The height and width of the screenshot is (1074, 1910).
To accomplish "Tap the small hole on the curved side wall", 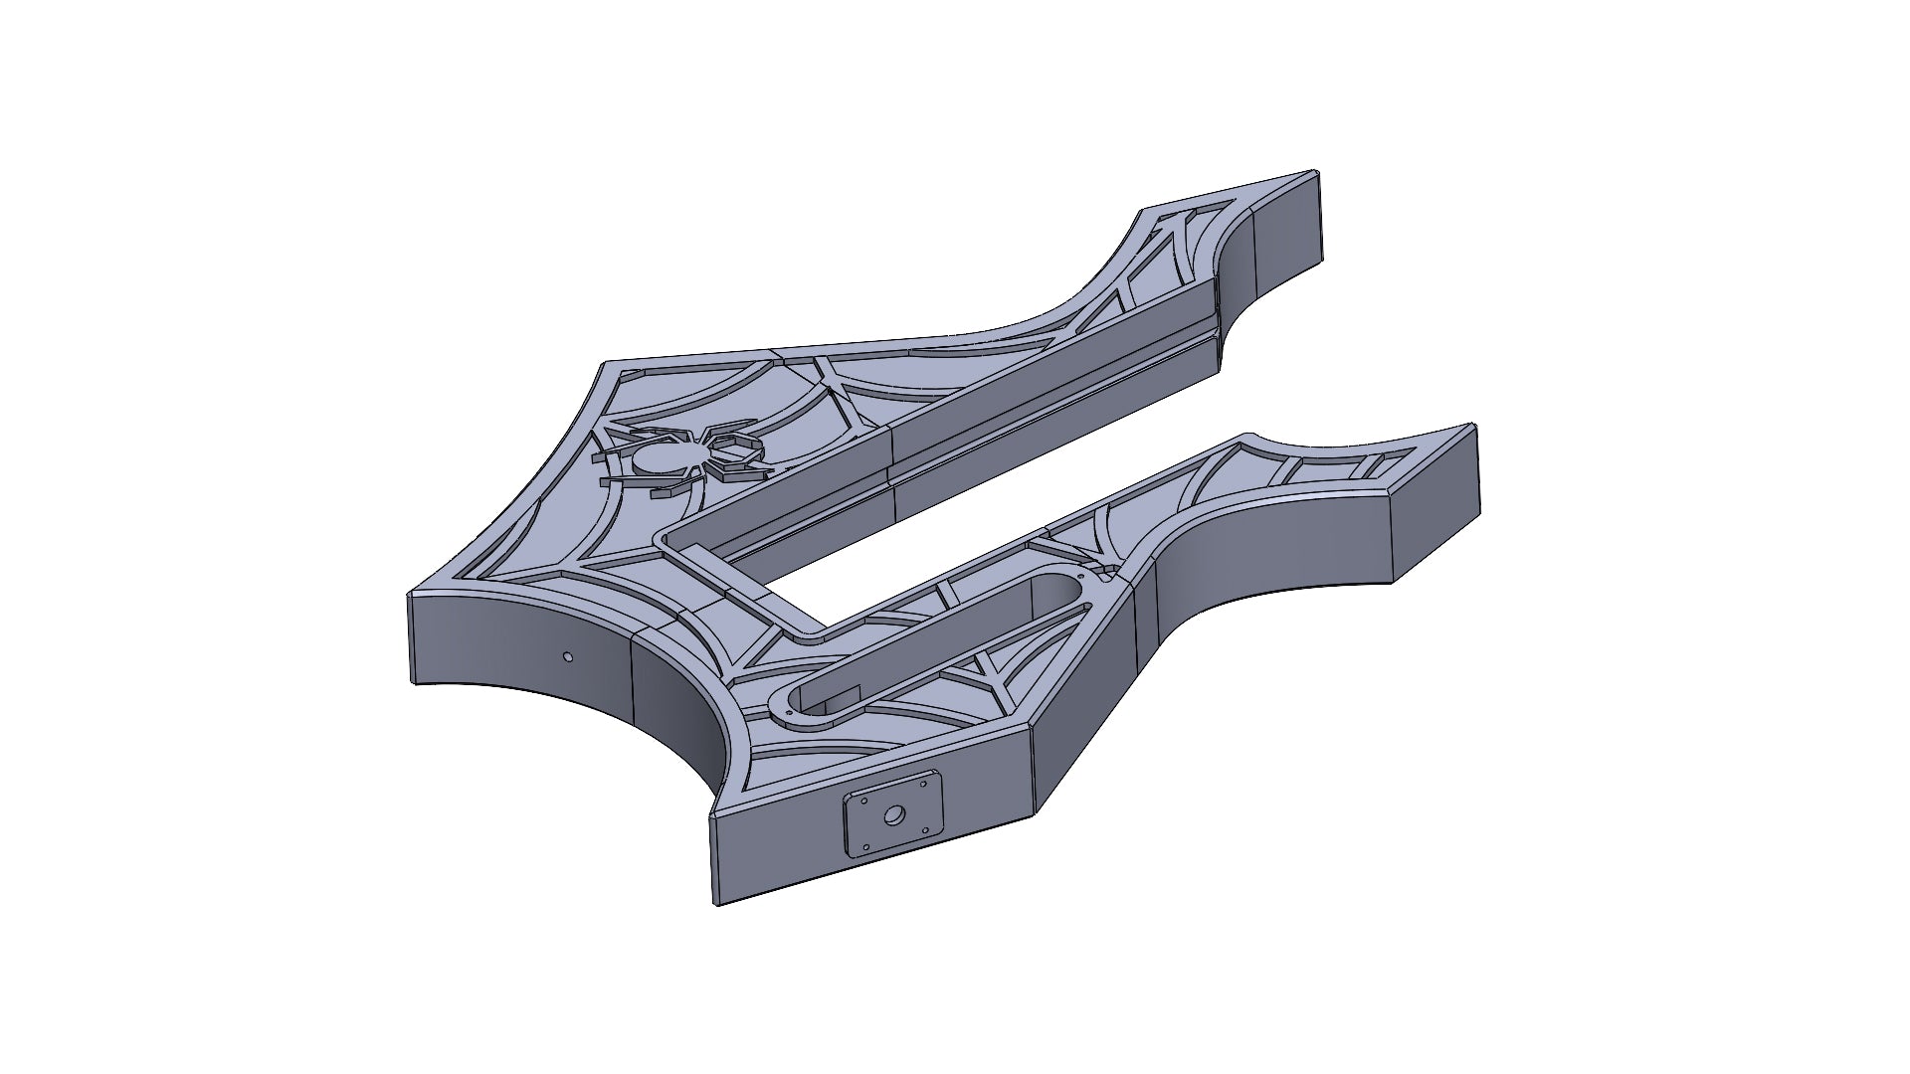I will point(567,656).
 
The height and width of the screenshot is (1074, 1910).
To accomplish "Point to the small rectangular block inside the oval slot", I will point(841,695).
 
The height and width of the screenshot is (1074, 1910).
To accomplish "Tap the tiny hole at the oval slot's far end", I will point(1081,577).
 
